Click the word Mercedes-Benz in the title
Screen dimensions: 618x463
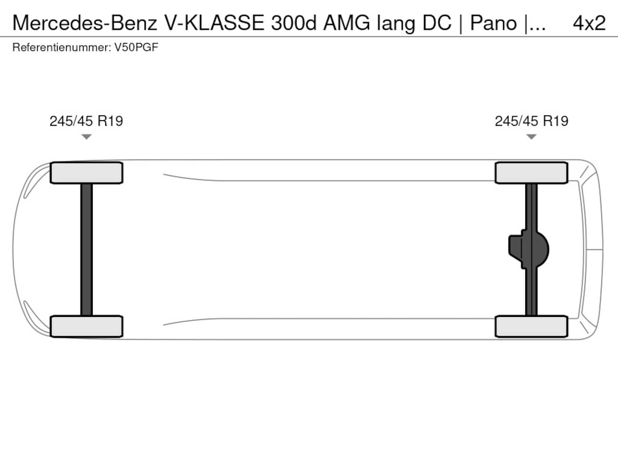pyautogui.click(x=85, y=23)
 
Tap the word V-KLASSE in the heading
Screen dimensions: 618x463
pyautogui.click(x=214, y=23)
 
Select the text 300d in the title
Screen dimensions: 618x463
pyautogui.click(x=294, y=23)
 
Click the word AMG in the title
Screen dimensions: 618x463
pyautogui.click(x=347, y=23)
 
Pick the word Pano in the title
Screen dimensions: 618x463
pyautogui.click(x=493, y=23)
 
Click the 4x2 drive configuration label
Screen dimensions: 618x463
pyautogui.click(x=590, y=23)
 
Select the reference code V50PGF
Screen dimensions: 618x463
pyautogui.click(x=136, y=47)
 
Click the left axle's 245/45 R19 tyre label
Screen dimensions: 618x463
pyautogui.click(x=86, y=121)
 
